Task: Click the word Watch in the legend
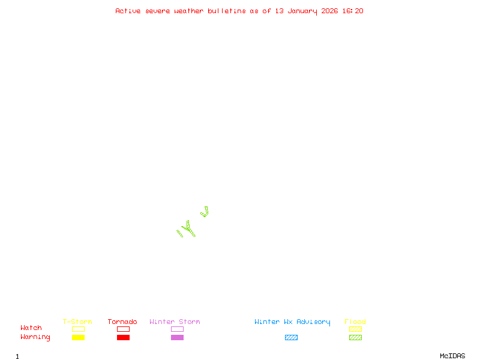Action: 31,328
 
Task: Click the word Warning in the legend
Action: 35,337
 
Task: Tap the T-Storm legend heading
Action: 77,322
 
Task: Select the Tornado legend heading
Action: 122,322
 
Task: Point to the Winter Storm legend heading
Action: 175,322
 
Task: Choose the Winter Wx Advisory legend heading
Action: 292,322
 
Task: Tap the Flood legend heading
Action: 355,322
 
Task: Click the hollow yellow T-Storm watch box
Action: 78,329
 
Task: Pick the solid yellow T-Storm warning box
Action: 78,338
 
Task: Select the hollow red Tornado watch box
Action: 123,329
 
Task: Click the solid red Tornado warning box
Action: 123,338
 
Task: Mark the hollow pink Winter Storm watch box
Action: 177,329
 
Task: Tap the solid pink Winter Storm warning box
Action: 177,338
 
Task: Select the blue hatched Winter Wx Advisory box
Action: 291,338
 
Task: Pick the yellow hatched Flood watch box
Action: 355,329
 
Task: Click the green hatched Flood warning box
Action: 355,338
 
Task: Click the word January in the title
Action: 302,11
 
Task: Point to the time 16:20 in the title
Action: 353,11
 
